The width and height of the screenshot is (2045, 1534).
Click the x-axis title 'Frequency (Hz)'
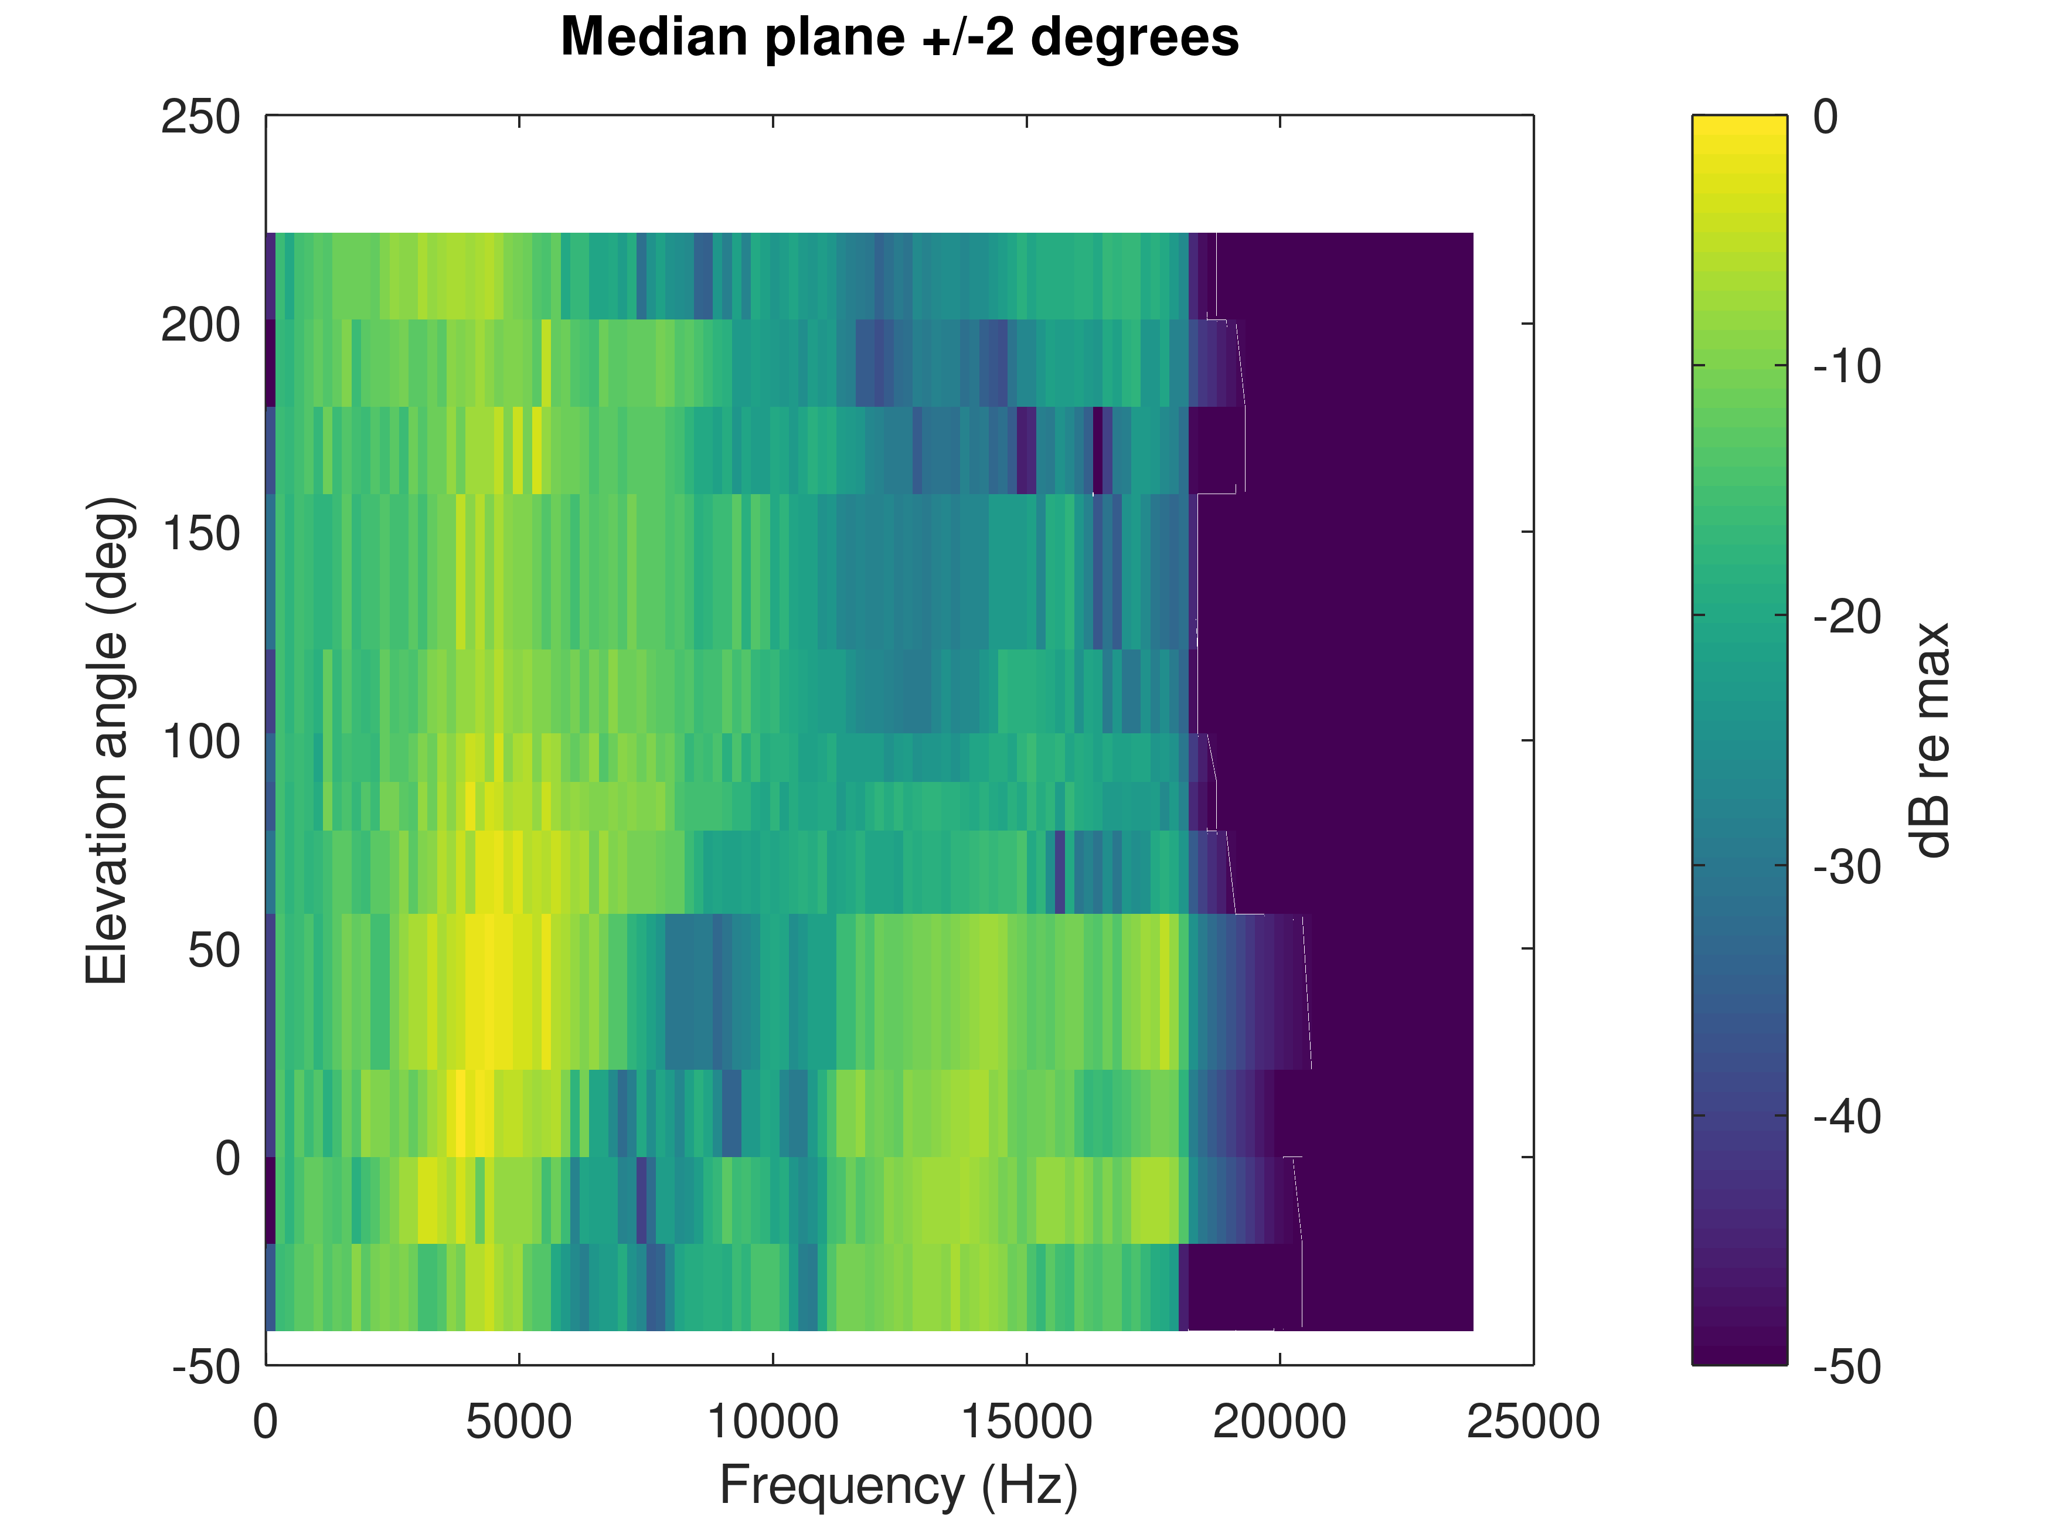point(899,1487)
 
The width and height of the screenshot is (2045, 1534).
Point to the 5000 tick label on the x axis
point(519,1422)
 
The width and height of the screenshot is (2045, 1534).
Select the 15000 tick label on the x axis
point(1026,1422)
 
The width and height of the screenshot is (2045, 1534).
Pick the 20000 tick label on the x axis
point(1280,1422)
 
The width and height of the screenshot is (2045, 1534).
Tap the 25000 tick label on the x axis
point(1533,1422)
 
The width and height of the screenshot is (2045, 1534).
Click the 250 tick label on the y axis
point(200,117)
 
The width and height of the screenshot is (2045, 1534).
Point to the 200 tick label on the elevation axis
point(200,325)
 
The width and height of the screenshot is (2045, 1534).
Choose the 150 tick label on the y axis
point(200,533)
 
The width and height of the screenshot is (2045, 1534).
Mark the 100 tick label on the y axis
point(200,742)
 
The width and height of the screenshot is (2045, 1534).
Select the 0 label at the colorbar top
point(1825,117)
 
